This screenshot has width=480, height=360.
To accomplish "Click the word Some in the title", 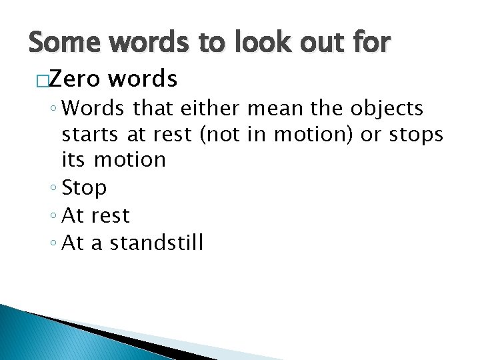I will coord(63,43).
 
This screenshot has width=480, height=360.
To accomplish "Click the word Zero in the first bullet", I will coord(73,80).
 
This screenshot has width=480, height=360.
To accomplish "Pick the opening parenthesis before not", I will coord(201,134).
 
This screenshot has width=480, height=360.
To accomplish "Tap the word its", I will coord(75,159).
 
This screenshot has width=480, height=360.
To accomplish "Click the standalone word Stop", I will coord(84,189).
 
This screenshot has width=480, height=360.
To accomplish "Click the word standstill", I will coord(157,243).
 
